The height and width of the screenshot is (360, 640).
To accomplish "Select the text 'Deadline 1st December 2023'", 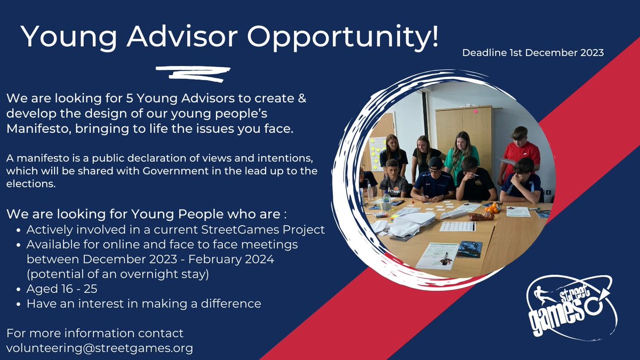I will (533, 53).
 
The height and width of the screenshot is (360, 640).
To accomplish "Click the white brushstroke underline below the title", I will (193, 73).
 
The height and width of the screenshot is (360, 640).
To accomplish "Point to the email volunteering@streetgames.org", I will (100, 348).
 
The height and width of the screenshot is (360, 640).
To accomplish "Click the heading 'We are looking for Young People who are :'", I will (146, 214).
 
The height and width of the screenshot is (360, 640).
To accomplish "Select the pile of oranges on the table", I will (491, 209).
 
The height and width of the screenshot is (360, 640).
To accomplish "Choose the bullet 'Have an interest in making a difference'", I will (143, 303).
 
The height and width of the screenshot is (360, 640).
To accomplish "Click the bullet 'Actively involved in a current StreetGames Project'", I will (175, 229).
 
